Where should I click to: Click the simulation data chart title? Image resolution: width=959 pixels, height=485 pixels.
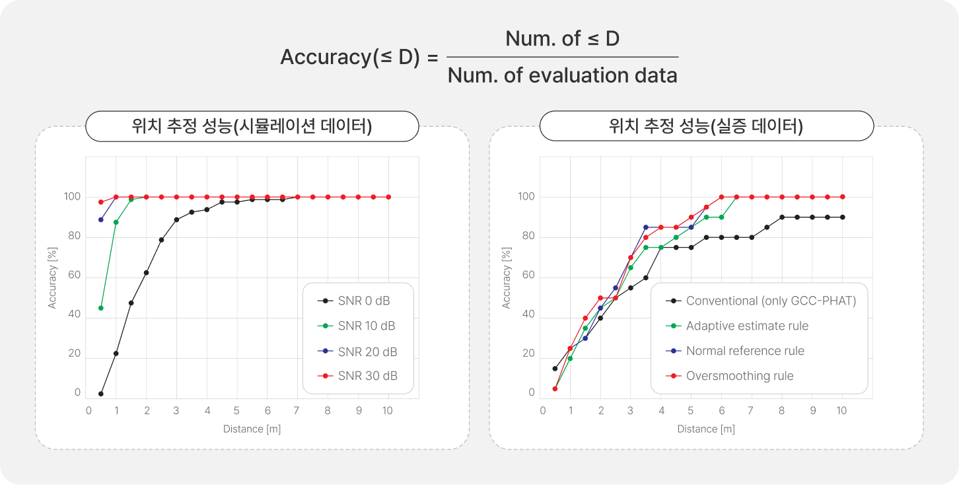pos(252,126)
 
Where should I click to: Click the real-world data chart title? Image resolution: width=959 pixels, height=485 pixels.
pos(706,126)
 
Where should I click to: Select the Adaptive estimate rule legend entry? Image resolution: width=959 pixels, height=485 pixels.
pos(747,326)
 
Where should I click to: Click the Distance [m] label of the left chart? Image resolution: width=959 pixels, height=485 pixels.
pos(252,429)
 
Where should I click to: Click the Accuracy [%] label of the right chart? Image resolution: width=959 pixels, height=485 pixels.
pos(507,278)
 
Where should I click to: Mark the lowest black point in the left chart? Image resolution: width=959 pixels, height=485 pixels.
pos(101,394)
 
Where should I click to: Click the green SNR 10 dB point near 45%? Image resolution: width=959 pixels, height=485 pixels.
pos(101,308)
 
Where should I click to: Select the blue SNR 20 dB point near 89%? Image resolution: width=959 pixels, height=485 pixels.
pos(101,219)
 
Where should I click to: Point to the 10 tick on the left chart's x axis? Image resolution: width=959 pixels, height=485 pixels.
pos(387,410)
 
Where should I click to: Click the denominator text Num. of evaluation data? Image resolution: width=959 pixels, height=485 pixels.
pos(562,75)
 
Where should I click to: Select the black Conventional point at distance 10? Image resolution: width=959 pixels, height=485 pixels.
pos(842,217)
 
